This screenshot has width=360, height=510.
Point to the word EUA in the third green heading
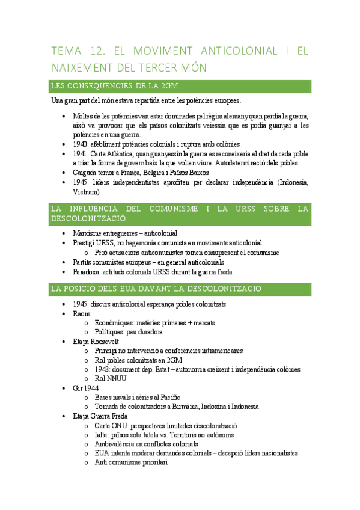pos(137,289)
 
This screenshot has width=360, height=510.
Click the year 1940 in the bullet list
pos(81,144)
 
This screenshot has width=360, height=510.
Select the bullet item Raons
pos(82,313)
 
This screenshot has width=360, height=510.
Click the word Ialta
pos(102,434)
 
